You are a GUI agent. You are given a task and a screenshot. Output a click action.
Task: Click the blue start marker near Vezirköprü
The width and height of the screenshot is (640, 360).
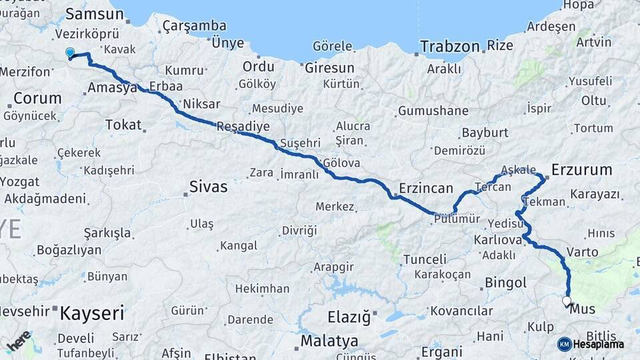click(x=70, y=52)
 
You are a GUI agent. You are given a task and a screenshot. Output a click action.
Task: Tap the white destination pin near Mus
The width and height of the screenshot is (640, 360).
click(x=567, y=301)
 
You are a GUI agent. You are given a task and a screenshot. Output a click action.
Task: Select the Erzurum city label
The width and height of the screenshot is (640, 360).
click(x=581, y=169)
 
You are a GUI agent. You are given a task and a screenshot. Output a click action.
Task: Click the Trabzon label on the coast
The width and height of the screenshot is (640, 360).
click(x=450, y=47)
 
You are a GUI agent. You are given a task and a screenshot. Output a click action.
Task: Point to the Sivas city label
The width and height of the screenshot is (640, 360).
click(x=208, y=187)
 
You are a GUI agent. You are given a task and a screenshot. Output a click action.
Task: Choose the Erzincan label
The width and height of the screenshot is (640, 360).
click(x=426, y=188)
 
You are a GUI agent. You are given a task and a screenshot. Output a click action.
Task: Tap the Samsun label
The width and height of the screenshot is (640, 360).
click(x=95, y=15)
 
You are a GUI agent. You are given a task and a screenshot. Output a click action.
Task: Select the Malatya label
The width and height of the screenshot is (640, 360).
click(x=329, y=341)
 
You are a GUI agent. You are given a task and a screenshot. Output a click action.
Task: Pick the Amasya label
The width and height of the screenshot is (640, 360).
click(x=112, y=88)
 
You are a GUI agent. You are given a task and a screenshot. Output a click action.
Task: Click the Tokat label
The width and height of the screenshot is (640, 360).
click(x=123, y=125)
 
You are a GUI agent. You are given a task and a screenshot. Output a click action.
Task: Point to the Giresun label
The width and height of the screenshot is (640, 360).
click(x=329, y=68)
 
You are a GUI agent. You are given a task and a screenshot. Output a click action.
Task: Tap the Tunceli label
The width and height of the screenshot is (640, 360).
click(x=425, y=259)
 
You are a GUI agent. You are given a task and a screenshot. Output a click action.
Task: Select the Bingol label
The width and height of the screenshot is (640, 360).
click(x=506, y=283)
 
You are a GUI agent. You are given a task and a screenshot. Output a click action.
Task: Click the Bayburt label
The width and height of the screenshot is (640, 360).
click(x=485, y=133)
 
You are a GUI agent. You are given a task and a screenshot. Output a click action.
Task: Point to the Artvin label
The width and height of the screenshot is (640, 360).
click(x=593, y=42)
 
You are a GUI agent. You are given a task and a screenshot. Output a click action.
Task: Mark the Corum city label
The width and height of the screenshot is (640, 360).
click(x=37, y=99)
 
